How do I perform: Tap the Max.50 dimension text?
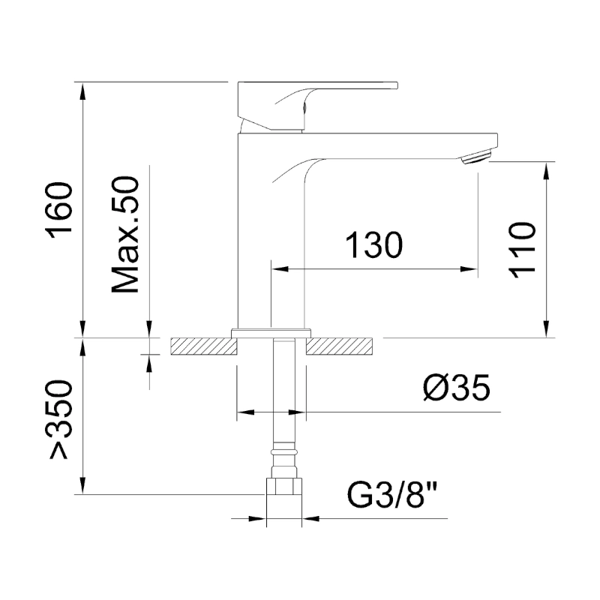124,235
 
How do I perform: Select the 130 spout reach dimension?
374,244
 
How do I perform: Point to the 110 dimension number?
521,250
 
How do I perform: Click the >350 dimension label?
59,419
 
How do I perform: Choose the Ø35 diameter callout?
457,387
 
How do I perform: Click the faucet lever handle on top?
317,106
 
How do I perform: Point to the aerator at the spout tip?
476,157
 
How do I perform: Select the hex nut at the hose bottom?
284,486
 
